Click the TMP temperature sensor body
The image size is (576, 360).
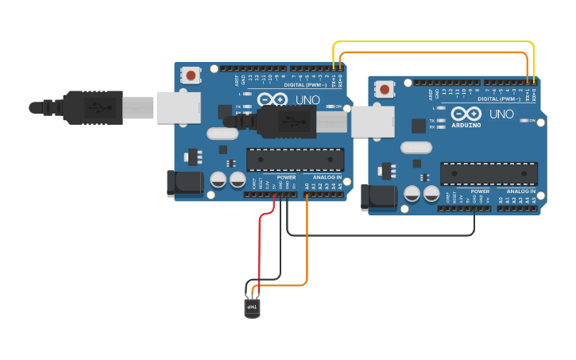252,307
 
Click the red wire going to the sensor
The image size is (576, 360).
260,246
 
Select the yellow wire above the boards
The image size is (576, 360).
433,42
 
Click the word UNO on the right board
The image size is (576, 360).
501,114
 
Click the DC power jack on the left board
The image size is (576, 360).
185,184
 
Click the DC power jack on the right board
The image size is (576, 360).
379,198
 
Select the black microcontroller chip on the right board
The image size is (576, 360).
489,173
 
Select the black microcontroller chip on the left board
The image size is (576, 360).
295,160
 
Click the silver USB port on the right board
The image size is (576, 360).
373,122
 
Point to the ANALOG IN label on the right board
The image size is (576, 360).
520,192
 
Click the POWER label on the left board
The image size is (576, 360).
286,177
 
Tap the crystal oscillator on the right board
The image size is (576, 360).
416,147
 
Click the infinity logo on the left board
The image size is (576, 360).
272,100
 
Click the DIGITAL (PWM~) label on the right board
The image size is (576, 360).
499,99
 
